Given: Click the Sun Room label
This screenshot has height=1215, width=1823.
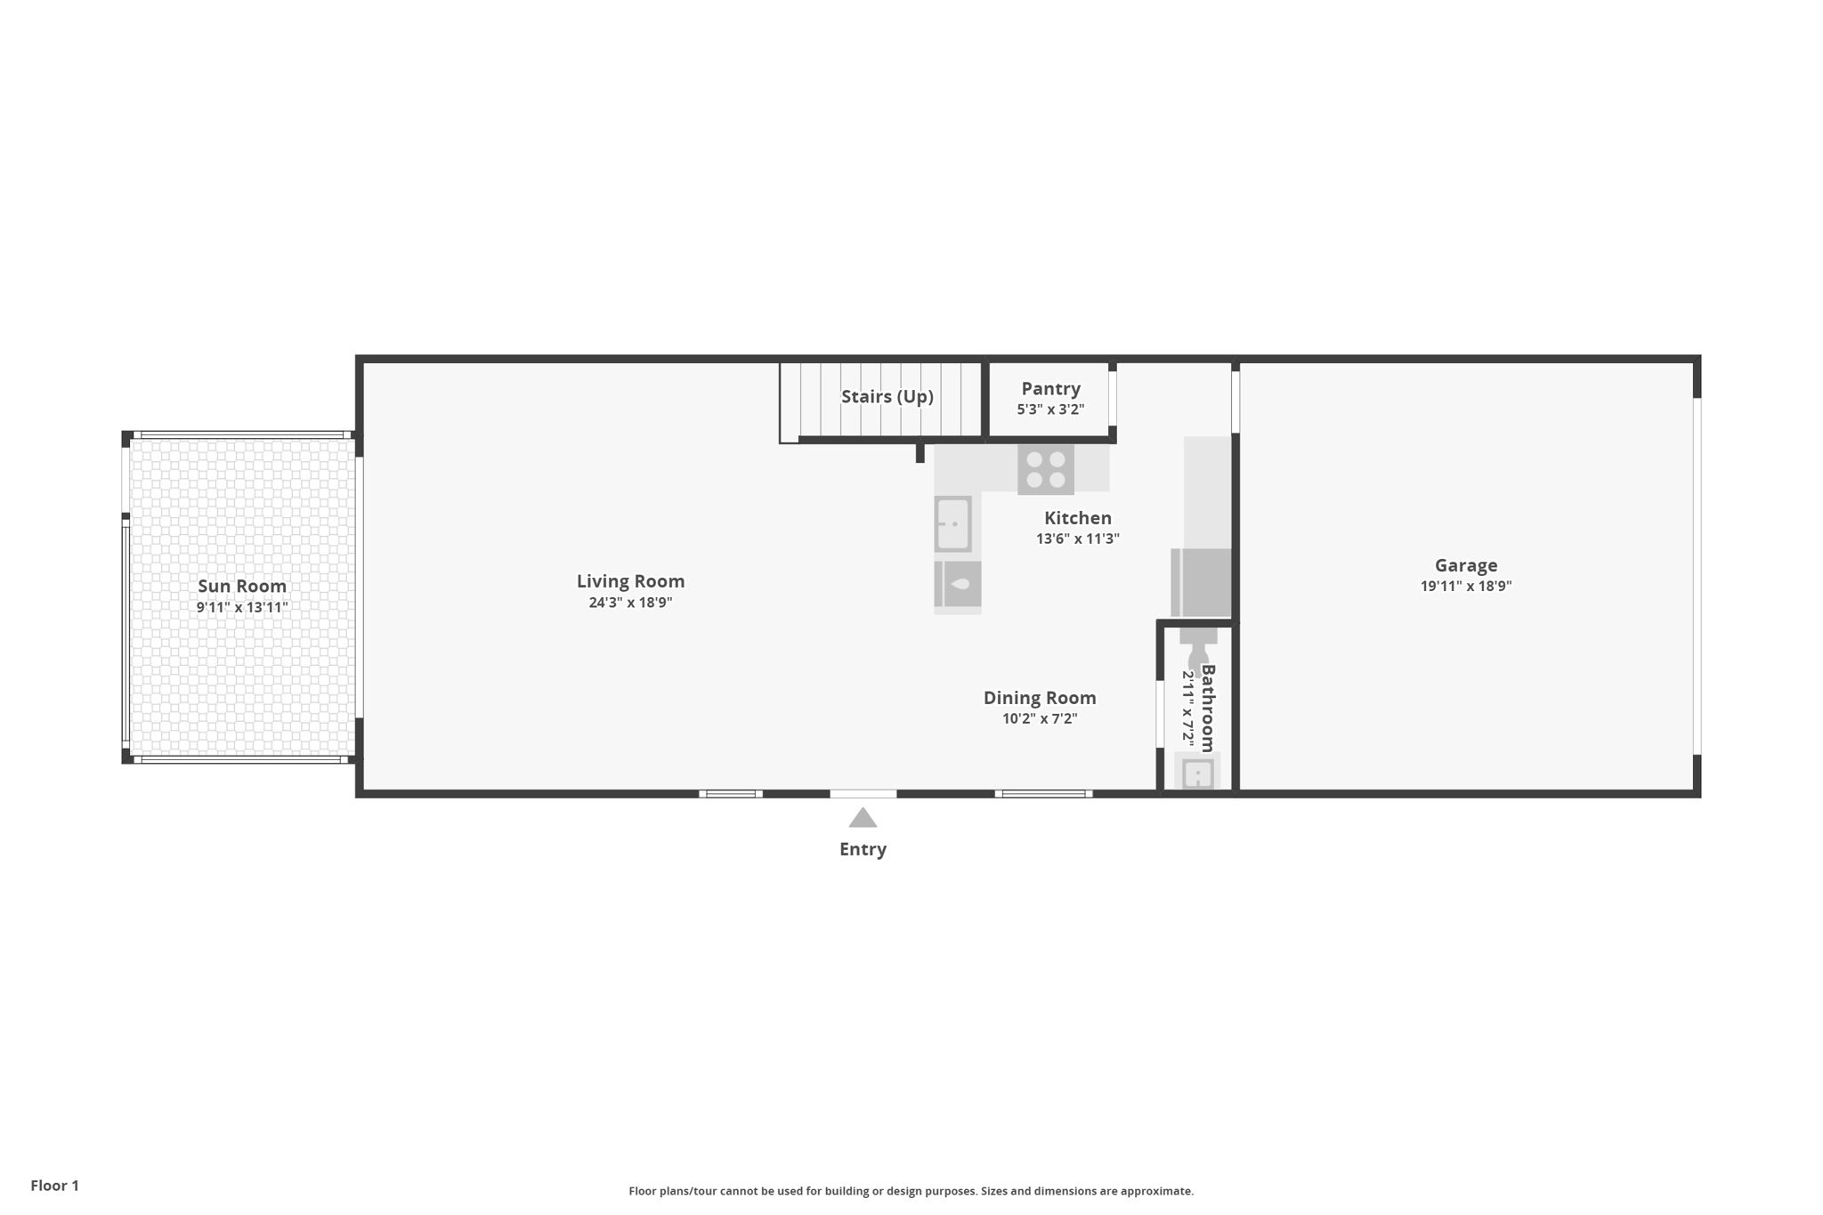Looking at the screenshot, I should coord(242,586).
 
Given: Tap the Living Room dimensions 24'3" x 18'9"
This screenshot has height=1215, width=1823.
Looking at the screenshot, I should coord(630,603).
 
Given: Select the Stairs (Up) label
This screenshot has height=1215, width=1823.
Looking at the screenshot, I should coord(887,396).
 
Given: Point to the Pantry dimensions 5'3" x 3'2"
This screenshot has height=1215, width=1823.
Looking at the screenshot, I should coord(1050,409).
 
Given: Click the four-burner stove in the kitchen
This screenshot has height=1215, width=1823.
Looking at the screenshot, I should coord(1046,469).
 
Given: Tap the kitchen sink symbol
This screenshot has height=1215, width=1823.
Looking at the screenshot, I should coord(952,524).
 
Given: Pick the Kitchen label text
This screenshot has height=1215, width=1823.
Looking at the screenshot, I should coord(1077,518).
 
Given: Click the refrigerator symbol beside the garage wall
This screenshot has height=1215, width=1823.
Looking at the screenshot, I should coord(1202,582).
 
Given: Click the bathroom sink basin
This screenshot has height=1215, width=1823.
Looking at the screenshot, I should coord(1197,773).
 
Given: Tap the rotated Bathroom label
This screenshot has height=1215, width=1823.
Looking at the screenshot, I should coord(1208,708).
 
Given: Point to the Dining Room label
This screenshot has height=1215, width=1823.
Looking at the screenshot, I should coord(1039,698).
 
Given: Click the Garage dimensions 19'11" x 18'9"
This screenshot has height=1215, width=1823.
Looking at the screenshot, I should coord(1465,586).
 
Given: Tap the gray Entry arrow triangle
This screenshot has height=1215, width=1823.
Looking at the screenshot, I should coord(863,819).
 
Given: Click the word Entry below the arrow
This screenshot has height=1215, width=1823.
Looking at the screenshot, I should coord(863,849).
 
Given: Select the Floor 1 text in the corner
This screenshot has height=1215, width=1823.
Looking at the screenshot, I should coord(54,1186).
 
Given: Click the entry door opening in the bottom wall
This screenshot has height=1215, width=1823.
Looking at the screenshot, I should coord(863,793).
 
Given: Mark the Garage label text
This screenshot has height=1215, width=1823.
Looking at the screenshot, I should coord(1465,565).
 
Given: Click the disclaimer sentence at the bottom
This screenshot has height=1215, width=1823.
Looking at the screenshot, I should coord(911,1191).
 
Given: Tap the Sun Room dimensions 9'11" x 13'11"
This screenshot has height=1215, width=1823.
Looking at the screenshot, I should coord(242,608).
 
